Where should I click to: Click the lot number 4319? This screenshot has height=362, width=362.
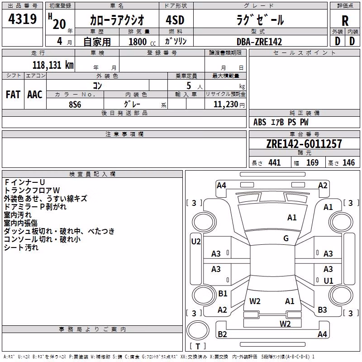click(x=22, y=19)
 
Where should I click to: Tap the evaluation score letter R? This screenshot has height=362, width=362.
click(x=345, y=21)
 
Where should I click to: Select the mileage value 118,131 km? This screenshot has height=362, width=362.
click(x=53, y=65)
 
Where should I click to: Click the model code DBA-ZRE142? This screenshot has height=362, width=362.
click(x=259, y=42)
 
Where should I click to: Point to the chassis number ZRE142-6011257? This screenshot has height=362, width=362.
click(x=304, y=144)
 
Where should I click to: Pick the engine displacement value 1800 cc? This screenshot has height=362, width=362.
click(x=142, y=42)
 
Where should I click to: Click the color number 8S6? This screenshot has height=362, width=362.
click(x=75, y=105)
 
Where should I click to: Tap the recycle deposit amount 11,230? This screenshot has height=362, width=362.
click(x=226, y=105)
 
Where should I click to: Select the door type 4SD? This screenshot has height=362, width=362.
click(x=175, y=20)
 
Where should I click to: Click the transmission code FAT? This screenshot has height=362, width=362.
click(x=13, y=95)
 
